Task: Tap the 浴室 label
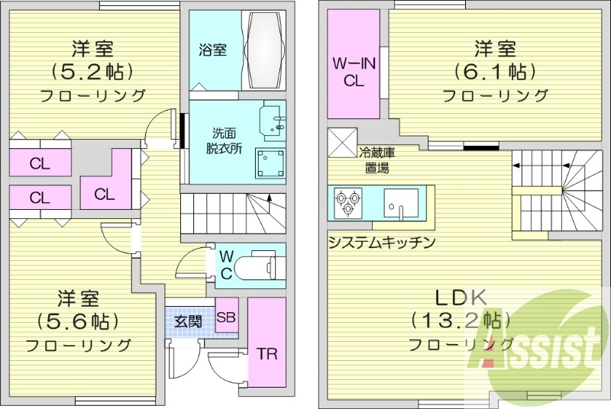(x=212, y=50)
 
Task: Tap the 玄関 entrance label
(x=188, y=320)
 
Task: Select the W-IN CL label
(x=354, y=72)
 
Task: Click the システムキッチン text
(x=381, y=243)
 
